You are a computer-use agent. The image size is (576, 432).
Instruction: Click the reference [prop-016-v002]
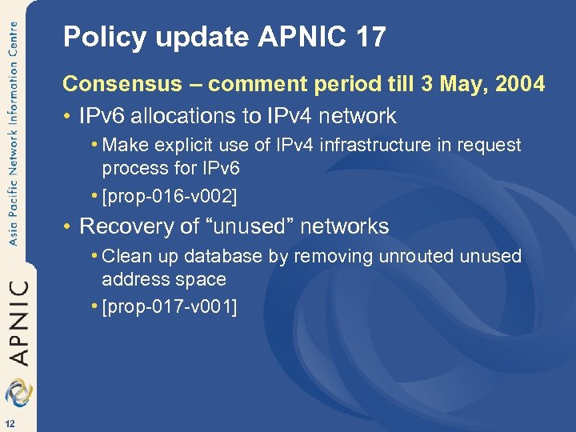pyautogui.click(x=170, y=195)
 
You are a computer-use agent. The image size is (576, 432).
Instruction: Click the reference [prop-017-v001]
pyautogui.click(x=170, y=306)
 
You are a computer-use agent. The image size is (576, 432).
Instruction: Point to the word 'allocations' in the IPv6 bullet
pyautogui.click(x=177, y=116)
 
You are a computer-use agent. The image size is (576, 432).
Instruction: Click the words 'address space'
pyautogui.click(x=164, y=280)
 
